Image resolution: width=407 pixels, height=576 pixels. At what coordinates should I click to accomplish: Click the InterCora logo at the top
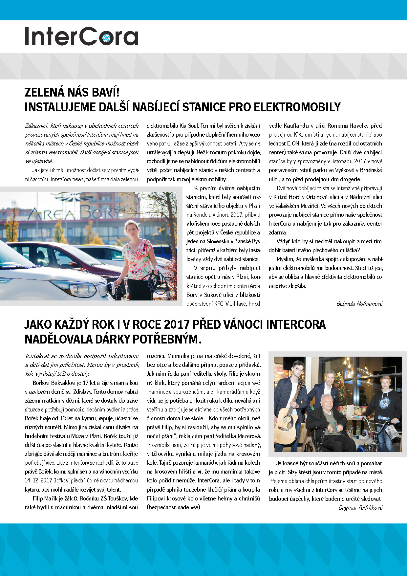[81, 36]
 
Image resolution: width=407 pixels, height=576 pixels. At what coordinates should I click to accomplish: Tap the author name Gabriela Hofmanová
[359, 304]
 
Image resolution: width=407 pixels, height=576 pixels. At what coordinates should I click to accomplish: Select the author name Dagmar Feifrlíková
[360, 508]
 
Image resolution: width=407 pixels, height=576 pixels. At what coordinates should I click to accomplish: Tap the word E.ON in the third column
[293, 144]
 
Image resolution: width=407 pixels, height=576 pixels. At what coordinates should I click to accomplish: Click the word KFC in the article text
[219, 304]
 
